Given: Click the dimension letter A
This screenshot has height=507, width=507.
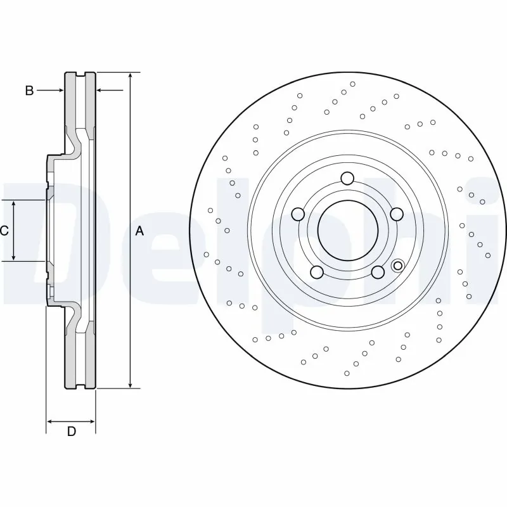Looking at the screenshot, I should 140,232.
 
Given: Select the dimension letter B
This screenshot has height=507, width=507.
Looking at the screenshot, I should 29,91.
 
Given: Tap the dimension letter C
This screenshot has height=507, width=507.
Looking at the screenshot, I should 4,231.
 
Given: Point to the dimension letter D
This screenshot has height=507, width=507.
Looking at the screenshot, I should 72,432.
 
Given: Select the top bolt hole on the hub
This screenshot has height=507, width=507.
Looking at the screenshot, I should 347,178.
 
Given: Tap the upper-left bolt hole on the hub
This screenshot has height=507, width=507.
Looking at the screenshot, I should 297,215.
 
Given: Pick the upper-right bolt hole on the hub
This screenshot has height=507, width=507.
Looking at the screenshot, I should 397,214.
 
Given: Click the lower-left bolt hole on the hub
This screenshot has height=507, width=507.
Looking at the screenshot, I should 317,273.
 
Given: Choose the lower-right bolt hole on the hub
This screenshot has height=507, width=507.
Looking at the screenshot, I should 378,272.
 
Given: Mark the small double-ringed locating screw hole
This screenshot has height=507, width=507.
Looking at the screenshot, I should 398,266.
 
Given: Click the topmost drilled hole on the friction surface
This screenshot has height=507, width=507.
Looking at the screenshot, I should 353,84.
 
